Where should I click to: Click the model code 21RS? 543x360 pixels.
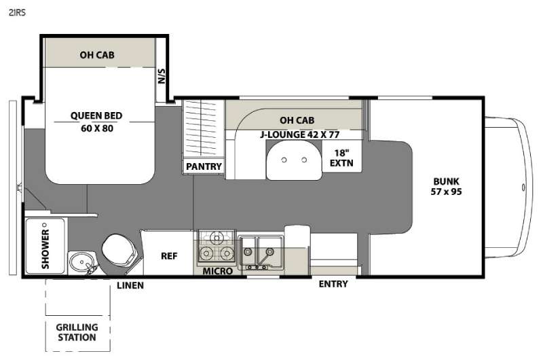[x=17, y=13]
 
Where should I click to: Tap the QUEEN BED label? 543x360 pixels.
[x=96, y=115]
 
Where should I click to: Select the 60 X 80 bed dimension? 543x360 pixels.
[x=97, y=128]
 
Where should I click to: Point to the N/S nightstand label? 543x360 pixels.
[x=162, y=76]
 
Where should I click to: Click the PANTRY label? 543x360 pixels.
[x=204, y=166]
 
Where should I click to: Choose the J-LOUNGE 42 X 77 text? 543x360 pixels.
[x=300, y=134]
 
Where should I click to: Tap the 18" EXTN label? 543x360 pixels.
[x=341, y=158]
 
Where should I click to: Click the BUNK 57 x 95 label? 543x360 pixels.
[x=446, y=186]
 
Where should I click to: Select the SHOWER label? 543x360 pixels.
[x=45, y=249]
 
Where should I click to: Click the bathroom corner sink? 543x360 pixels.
[x=81, y=262]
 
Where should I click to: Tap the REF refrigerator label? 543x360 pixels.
[x=169, y=256]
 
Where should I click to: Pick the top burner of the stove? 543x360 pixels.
[x=217, y=238]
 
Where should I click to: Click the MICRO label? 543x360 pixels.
[x=217, y=271]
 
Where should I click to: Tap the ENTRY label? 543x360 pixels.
[x=333, y=284]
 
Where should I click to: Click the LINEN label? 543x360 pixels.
[x=130, y=285]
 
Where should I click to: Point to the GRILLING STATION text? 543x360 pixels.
[x=77, y=332]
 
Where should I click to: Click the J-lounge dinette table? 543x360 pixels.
[x=294, y=160]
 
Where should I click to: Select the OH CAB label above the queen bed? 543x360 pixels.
[x=97, y=55]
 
